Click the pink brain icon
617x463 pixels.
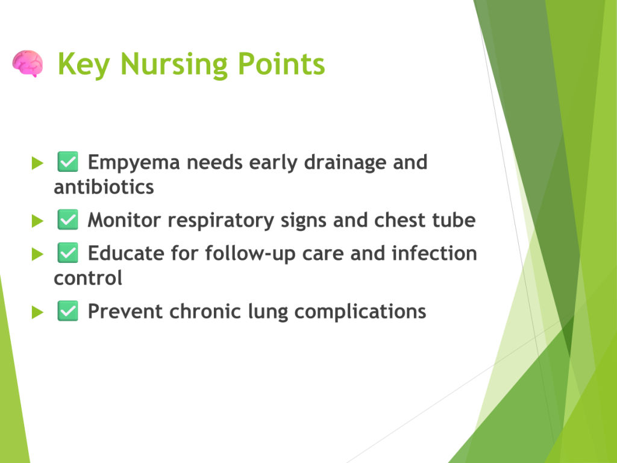(27, 63)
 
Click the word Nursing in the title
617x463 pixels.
(174, 65)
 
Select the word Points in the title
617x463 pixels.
(281, 64)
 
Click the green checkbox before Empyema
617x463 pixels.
(67, 162)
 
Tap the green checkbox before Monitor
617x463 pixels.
(67, 219)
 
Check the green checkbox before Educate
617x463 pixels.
(67, 253)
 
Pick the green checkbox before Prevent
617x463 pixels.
(67, 311)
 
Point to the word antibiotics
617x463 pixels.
(104, 187)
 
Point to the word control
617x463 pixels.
(88, 279)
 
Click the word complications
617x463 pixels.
(360, 312)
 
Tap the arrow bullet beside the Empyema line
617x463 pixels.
(37, 163)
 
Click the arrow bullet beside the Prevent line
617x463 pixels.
(37, 312)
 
